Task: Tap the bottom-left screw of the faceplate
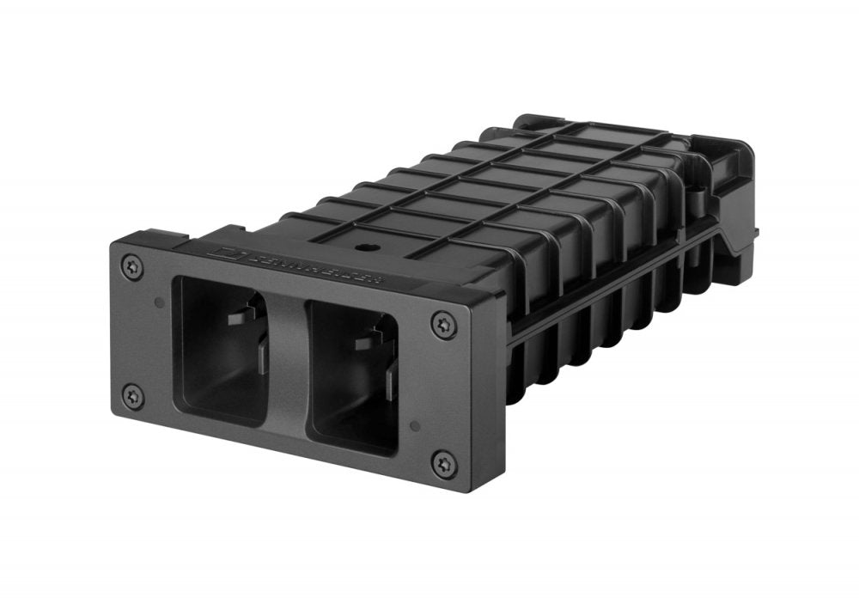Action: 132,396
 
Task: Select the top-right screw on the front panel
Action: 442,324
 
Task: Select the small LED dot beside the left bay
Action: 158,302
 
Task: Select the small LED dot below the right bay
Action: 415,424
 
